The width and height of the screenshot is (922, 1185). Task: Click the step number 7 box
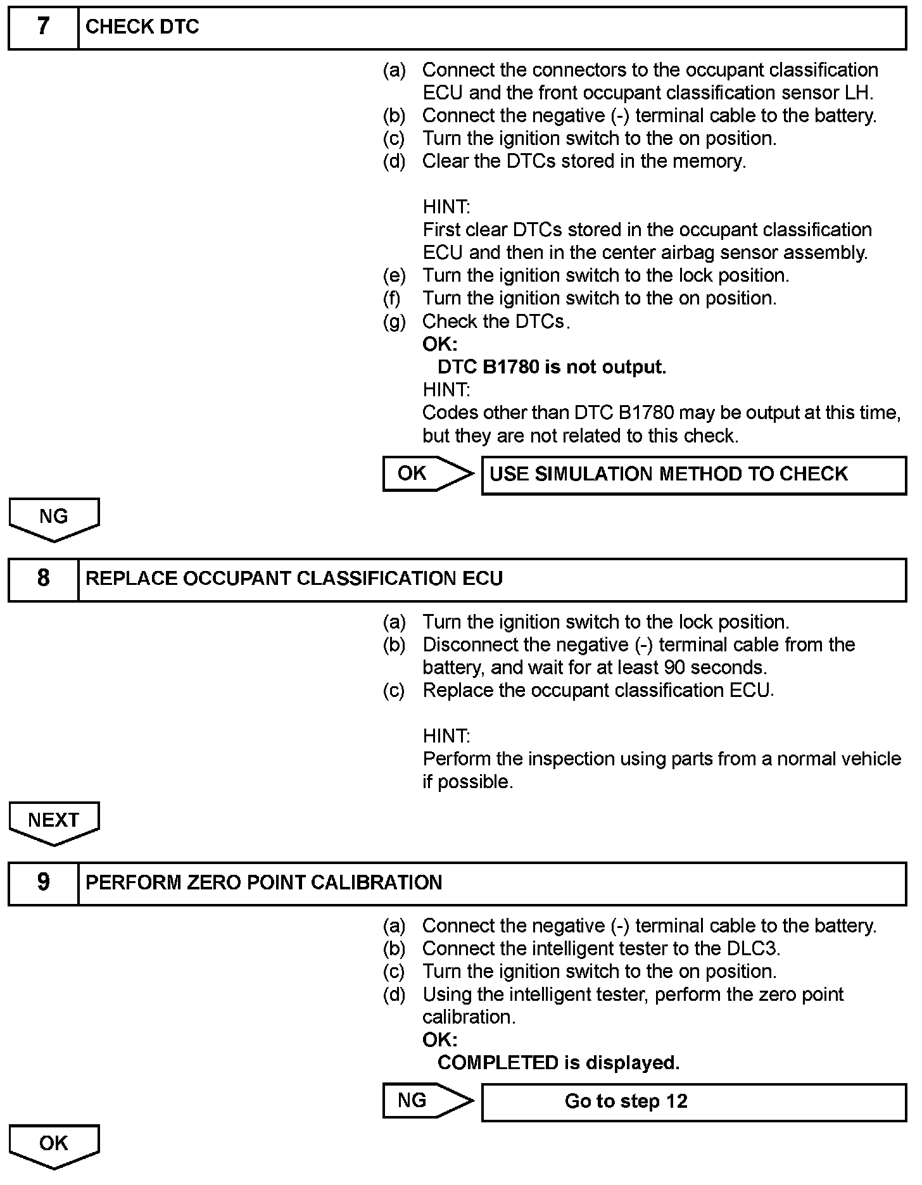click(43, 27)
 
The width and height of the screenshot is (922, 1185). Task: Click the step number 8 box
click(43, 579)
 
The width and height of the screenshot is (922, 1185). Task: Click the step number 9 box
click(43, 882)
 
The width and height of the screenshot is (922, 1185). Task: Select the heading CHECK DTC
click(142, 27)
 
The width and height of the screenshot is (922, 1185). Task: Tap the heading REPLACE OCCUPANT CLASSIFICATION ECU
click(294, 579)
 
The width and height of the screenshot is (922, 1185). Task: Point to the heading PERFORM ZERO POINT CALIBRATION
click(263, 882)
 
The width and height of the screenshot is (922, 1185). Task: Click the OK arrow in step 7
click(426, 473)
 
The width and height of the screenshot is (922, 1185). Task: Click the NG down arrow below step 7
click(54, 518)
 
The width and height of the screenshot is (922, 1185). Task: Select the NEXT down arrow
click(54, 822)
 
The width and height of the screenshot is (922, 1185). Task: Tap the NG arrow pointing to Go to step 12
click(426, 1101)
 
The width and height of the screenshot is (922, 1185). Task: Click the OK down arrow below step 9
click(54, 1145)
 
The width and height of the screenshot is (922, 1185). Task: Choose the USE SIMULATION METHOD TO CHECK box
click(693, 475)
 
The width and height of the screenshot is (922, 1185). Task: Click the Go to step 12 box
click(693, 1102)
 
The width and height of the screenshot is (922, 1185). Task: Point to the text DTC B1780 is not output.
click(552, 367)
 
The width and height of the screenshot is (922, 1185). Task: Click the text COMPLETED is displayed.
click(558, 1063)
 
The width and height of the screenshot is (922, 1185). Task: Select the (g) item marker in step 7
click(394, 322)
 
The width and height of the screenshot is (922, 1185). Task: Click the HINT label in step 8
click(446, 736)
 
